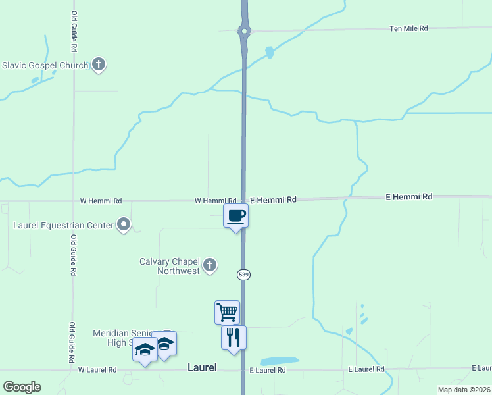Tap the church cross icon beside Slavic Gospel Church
[99, 65]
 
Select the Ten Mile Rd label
[408, 28]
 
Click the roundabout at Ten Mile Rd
[244, 30]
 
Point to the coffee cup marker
[235, 215]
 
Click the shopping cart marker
[227, 311]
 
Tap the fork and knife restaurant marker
[234, 337]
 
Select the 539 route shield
[244, 273]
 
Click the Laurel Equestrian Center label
[62, 225]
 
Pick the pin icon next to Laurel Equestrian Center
[124, 225]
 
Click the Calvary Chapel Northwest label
[169, 266]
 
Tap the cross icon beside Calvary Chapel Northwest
[210, 265]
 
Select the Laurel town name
[202, 367]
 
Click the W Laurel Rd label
[97, 370]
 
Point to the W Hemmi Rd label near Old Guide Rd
[101, 201]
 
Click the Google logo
[22, 387]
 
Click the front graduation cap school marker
[145, 350]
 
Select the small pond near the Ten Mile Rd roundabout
[268, 52]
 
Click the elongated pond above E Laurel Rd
[280, 361]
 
